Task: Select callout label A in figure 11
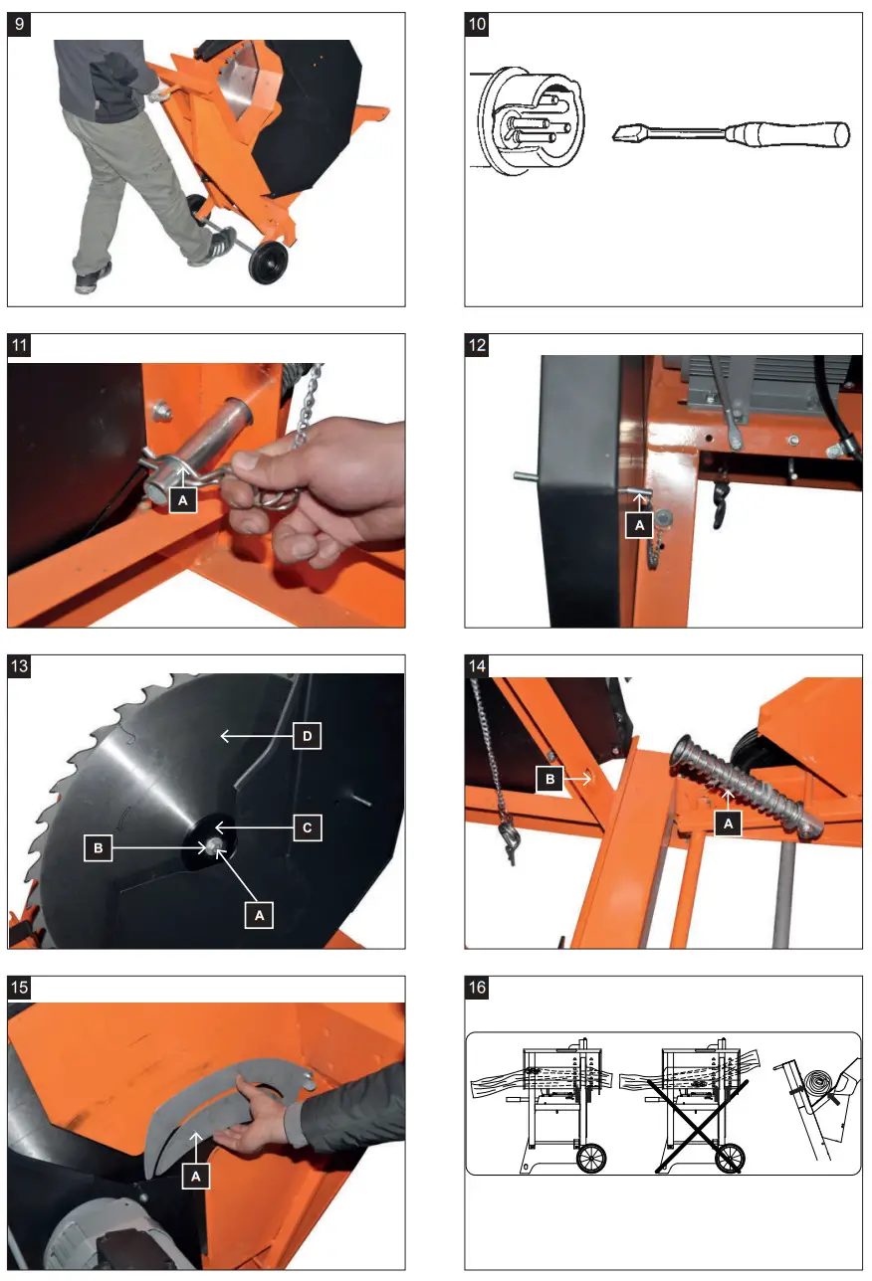pyautogui.click(x=181, y=501)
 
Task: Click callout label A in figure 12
pyautogui.click(x=639, y=523)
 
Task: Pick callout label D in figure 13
pyautogui.click(x=308, y=737)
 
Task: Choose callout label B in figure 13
pyautogui.click(x=98, y=847)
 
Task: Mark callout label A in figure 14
pyautogui.click(x=729, y=824)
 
